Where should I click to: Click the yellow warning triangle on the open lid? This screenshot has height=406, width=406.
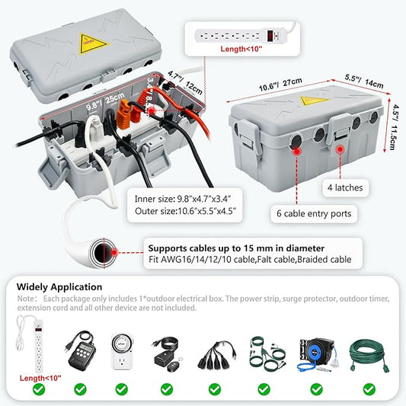[92, 43]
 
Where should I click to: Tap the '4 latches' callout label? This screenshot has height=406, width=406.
[345, 187]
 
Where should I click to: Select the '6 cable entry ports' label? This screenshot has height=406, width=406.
[314, 213]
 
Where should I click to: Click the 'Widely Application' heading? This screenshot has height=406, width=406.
[59, 287]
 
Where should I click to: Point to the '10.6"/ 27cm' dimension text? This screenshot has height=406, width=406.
[280, 85]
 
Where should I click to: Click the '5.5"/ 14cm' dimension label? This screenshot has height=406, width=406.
[364, 81]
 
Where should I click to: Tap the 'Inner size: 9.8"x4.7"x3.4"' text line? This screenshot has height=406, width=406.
[183, 199]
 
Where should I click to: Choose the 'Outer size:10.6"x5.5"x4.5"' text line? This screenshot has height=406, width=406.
[185, 211]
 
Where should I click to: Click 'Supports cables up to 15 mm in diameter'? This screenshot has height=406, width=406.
[236, 248]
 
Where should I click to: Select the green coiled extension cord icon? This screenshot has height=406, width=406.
[369, 354]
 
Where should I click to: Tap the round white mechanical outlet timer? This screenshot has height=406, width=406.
[122, 351]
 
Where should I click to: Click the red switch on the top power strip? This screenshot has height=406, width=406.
[270, 36]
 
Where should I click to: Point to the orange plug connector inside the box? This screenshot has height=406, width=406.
[123, 114]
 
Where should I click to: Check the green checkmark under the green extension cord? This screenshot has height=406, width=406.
[369, 389]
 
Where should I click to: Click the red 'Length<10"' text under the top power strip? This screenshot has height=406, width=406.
[241, 49]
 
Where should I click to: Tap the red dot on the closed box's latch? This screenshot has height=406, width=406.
[340, 149]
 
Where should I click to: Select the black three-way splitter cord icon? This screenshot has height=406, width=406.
[217, 355]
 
